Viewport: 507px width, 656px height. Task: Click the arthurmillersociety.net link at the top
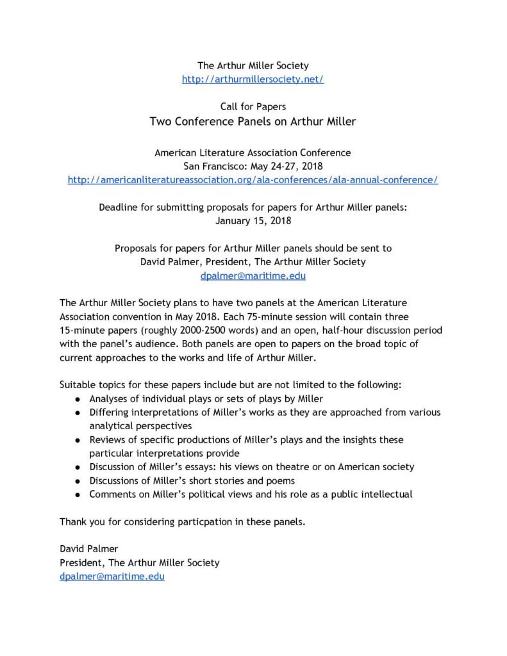coord(253,79)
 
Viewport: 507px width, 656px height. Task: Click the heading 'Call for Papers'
coord(253,106)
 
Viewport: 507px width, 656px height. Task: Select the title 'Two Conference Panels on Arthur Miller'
coord(253,121)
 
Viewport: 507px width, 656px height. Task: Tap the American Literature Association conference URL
coord(253,180)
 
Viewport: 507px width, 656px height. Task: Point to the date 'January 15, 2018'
coord(253,221)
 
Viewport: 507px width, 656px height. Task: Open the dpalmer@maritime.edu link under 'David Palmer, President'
coord(253,276)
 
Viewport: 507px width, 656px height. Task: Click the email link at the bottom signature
coord(112,576)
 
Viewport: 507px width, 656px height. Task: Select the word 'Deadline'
coord(119,208)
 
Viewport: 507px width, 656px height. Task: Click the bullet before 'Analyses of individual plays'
coord(77,399)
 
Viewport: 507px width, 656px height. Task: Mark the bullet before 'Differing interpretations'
coord(77,413)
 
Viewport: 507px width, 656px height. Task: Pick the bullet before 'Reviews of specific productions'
coord(77,440)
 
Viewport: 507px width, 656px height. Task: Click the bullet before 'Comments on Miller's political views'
coord(77,495)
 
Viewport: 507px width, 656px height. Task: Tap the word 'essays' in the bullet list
coord(203,467)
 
